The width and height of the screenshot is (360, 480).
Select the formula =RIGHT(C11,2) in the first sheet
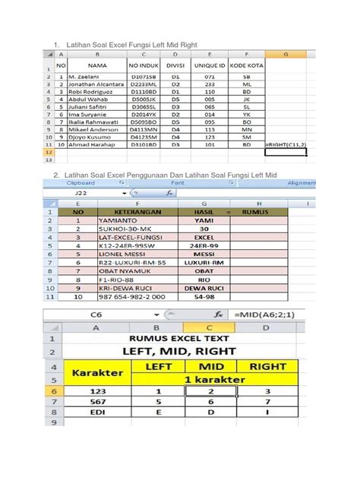click(x=286, y=144)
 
